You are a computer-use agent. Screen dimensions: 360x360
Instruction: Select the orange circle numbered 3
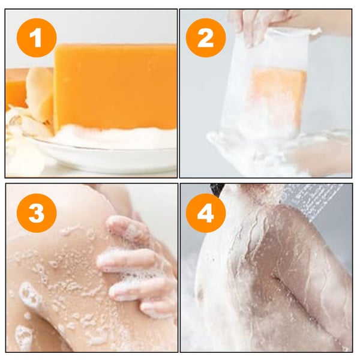coord(37,214)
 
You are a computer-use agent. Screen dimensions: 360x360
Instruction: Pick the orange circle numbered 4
coord(206,214)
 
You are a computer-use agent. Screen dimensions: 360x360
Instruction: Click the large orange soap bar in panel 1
coord(114,87)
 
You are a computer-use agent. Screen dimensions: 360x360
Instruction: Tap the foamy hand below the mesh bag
coord(270,153)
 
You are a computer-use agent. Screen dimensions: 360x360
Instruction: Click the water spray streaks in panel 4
coord(312,198)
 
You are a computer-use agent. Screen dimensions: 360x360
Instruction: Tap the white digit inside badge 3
coord(37,214)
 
